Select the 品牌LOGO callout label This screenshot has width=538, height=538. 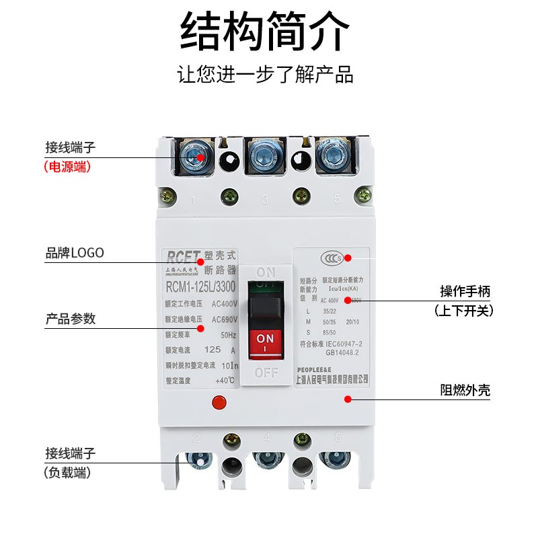click(x=75, y=253)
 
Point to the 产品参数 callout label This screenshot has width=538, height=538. click(x=70, y=319)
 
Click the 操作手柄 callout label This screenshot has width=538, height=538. click(x=465, y=291)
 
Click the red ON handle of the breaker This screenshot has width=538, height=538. click(x=266, y=342)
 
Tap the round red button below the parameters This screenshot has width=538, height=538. click(x=218, y=403)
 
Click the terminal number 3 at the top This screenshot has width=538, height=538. click(x=265, y=199)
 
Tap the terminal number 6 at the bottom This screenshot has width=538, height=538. click(x=338, y=437)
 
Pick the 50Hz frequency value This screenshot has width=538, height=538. click(x=229, y=334)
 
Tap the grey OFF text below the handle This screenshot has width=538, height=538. click(x=266, y=372)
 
